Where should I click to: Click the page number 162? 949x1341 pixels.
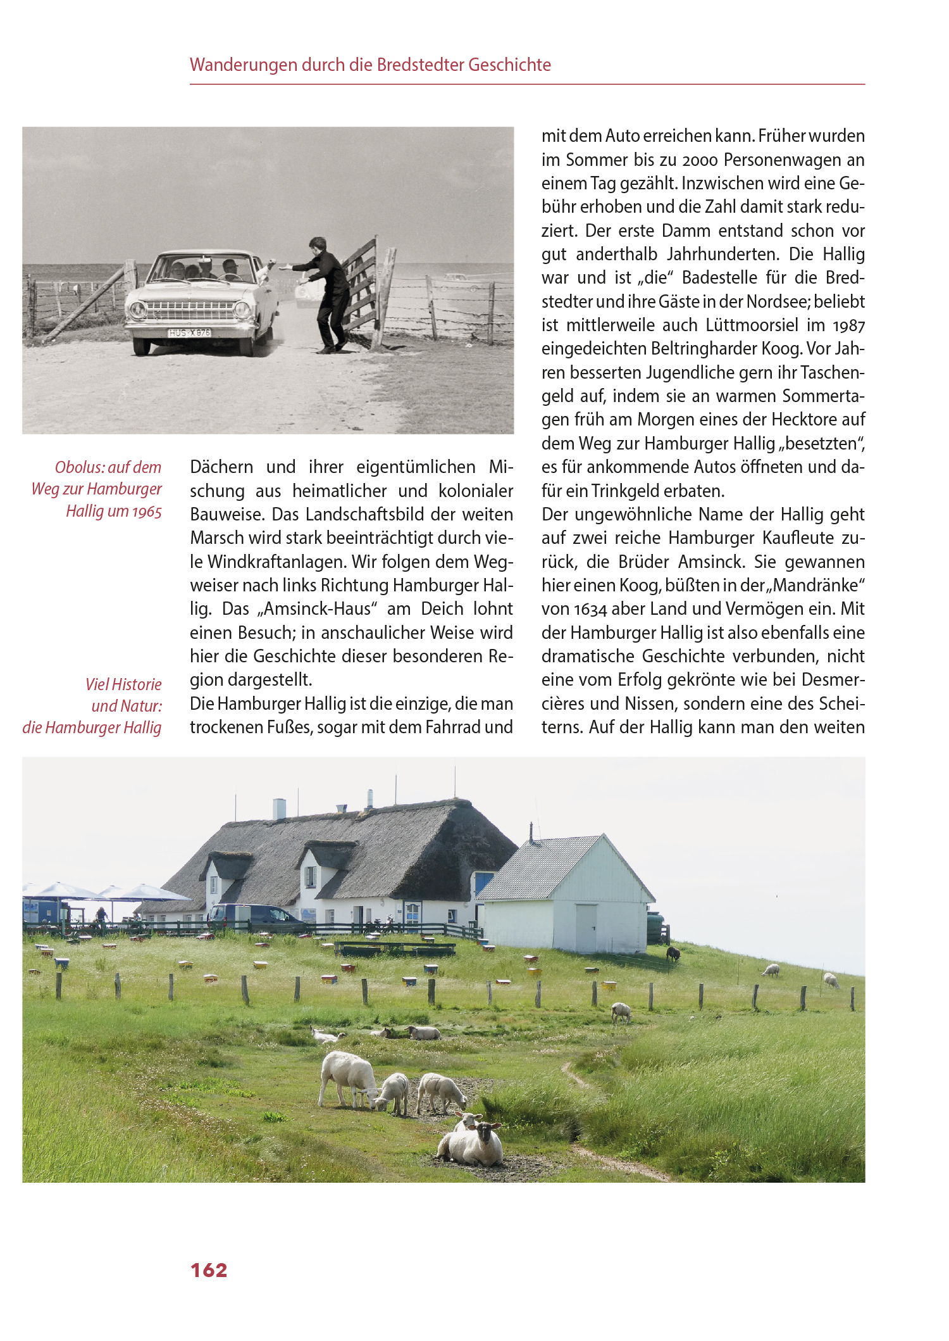click(209, 1270)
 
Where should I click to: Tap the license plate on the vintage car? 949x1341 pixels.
click(189, 332)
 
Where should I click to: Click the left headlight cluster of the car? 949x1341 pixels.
click(137, 310)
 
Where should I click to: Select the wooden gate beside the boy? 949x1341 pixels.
click(364, 285)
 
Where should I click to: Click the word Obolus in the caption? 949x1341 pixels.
click(78, 467)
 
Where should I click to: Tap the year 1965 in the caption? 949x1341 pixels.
click(147, 512)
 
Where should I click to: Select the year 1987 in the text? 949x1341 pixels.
click(848, 326)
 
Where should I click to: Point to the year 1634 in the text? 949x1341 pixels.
click(590, 610)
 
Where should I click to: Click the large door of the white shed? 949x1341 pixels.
click(586, 928)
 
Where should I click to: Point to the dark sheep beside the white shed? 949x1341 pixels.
click(673, 954)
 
